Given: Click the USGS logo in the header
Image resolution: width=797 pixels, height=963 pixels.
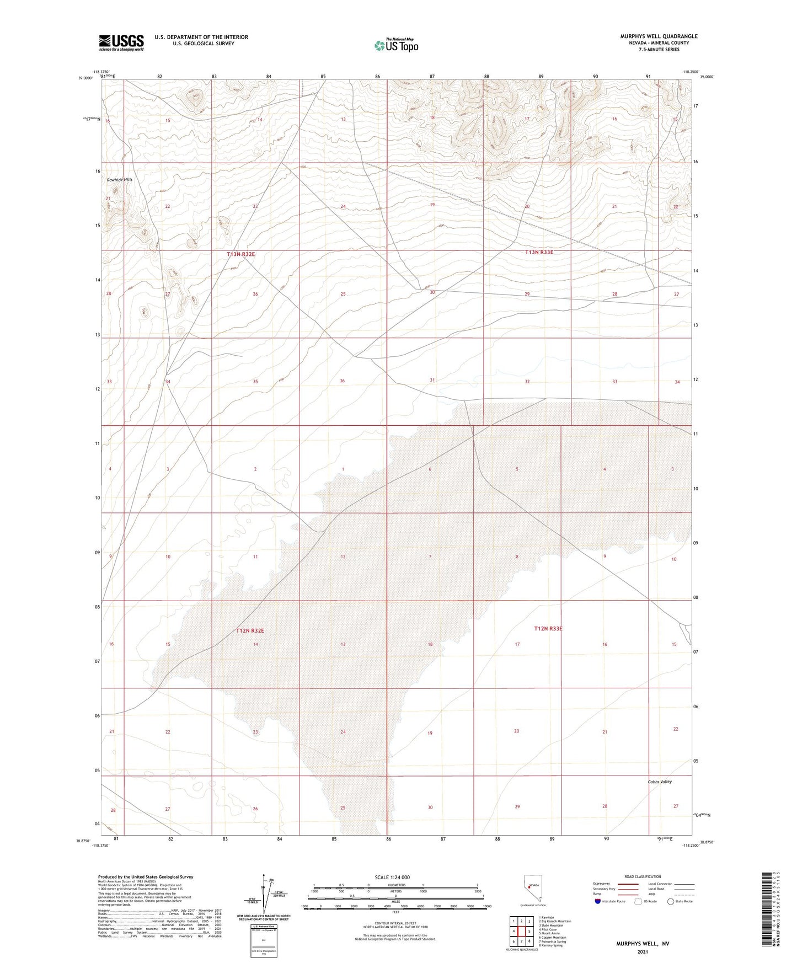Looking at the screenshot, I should pos(121,42).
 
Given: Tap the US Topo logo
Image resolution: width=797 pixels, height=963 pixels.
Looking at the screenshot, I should pos(396,45).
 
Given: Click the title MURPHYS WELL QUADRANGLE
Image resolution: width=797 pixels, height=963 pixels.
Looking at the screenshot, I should pos(659,36).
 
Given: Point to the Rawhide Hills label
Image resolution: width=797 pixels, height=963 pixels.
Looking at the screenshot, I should pos(120,180).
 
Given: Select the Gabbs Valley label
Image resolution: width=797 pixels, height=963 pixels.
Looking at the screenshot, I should pos(660,782).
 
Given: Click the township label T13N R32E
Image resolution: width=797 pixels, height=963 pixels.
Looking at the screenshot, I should pos(241,254).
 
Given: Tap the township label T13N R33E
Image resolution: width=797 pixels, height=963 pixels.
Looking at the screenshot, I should pos(539,252).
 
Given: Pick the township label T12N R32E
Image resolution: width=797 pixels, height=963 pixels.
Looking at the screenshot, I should pos(250,630).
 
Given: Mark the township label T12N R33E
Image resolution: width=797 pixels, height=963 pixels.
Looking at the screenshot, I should pos(548,628).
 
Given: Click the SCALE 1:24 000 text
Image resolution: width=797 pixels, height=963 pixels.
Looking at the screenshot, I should pos(392,878).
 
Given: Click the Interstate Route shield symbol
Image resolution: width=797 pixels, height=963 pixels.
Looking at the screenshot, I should pos(598,902).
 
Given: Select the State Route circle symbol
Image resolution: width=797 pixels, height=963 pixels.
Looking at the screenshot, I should pos(670,902).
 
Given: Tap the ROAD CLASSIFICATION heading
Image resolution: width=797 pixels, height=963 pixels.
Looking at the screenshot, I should pos(643,876).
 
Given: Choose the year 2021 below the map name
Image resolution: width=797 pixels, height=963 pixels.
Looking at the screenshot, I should pos(643,951).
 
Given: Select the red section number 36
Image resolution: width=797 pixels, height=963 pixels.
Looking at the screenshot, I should pos(342,381).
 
